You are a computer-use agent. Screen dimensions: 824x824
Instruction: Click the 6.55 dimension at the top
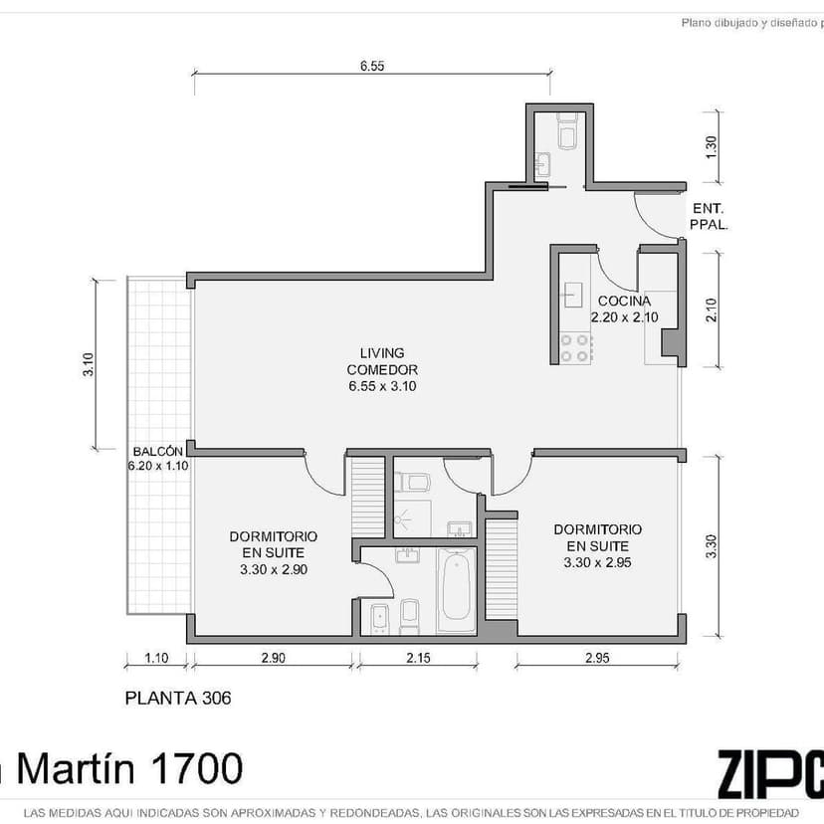[372, 66]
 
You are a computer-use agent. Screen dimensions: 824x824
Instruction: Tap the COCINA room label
[624, 302]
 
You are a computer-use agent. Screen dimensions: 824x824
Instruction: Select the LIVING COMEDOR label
[382, 361]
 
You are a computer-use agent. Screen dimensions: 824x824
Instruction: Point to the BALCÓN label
[157, 452]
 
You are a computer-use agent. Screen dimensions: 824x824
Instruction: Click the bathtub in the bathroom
[456, 590]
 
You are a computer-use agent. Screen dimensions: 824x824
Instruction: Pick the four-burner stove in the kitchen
[574, 348]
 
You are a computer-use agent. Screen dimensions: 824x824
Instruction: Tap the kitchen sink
[573, 295]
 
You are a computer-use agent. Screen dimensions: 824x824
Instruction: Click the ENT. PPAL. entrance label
[709, 217]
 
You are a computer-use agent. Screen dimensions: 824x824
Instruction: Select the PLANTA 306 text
[177, 698]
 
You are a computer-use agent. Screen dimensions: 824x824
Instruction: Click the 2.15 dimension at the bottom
[418, 658]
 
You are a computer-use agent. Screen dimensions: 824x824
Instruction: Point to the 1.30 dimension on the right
[711, 147]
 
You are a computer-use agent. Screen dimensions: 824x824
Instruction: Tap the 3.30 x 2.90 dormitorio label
[274, 569]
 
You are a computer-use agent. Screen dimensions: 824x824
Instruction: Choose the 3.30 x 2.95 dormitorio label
[597, 562]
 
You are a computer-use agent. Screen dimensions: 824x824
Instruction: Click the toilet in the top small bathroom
[567, 129]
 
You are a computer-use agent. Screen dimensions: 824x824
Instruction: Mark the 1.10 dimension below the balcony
[156, 658]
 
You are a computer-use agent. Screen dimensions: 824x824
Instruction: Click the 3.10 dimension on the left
[89, 364]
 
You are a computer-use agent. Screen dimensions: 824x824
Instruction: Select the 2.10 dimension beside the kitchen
[711, 310]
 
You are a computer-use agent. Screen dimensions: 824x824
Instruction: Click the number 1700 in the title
[196, 768]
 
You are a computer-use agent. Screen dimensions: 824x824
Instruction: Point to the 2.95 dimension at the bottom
[597, 658]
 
